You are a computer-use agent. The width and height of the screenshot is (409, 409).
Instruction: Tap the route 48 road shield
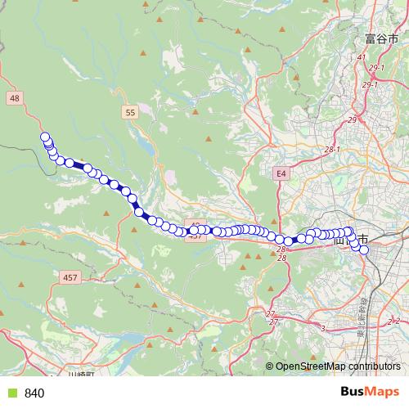[14, 97]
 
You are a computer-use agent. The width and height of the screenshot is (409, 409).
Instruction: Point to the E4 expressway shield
[281, 173]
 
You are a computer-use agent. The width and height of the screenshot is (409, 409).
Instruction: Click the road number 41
[361, 57]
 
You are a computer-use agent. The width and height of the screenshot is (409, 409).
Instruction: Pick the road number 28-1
[331, 150]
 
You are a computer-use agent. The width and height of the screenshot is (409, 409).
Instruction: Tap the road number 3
[322, 328]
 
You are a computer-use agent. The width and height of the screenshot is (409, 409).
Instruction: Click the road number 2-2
[394, 321]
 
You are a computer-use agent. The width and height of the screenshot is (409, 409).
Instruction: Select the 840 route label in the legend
[34, 393]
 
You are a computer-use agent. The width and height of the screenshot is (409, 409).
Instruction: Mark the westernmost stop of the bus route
[45, 137]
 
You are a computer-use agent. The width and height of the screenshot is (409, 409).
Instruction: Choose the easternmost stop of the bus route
[364, 250]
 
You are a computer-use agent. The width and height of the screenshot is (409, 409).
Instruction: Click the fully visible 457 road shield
[70, 278]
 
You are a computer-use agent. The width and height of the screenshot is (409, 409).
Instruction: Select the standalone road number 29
[353, 120]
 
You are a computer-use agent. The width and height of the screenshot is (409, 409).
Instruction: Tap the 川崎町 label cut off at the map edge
[82, 374]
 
